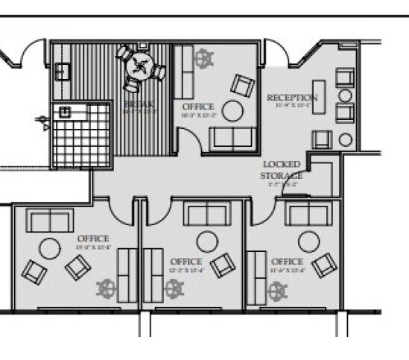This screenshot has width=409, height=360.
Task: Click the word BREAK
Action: pyautogui.click(x=139, y=105)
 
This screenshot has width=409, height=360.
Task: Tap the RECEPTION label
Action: pyautogui.click(x=291, y=98)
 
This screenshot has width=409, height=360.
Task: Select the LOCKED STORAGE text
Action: pyautogui.click(x=281, y=170)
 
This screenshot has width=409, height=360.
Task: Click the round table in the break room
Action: pyautogui.click(x=139, y=66)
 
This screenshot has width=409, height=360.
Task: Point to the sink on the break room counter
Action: pyautogui.click(x=62, y=72)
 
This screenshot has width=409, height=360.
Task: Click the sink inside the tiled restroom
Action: pyautogui.click(x=66, y=113)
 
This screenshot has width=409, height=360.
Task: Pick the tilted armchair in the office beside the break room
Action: pyautogui.click(x=243, y=85)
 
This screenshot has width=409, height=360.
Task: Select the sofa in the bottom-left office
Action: pyautogui.click(x=49, y=221)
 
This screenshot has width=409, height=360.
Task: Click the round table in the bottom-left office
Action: pyautogui.click(x=50, y=248)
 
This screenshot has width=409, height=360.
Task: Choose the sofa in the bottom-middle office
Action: pyautogui.click(x=207, y=215)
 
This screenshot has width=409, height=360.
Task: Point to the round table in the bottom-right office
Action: pyautogui.click(x=308, y=241)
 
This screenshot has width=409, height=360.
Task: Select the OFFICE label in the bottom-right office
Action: pyautogui.click(x=287, y=262)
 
